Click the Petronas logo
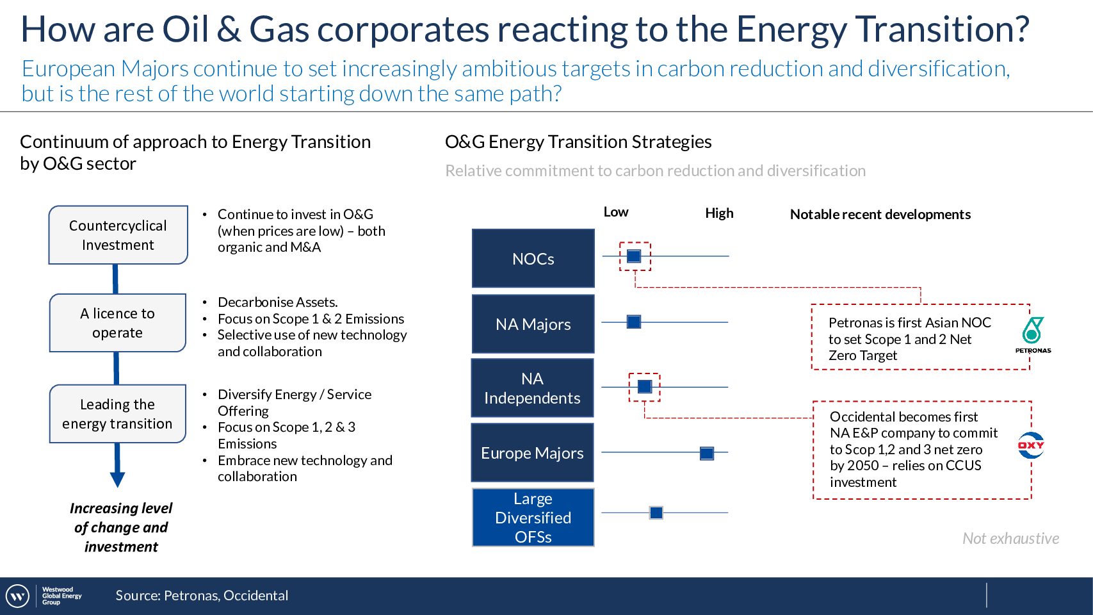pos(1033,335)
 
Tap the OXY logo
pos(1030,445)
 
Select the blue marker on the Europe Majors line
pos(706,453)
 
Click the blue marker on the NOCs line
pos(634,256)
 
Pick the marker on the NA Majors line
pos(634,322)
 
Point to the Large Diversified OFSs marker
pos(656,512)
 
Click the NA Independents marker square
pos(645,386)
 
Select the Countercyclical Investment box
pos(118,234)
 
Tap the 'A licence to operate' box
pos(118,323)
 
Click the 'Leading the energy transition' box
pos(118,414)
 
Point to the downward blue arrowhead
pos(118,479)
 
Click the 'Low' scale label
pos(616,212)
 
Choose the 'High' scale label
pos(719,213)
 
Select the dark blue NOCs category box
pos(533,258)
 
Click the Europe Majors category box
pos(532,452)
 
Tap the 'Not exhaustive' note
pos(1010,538)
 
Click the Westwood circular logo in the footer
pos(17,596)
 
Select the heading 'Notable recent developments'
pos(880,214)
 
